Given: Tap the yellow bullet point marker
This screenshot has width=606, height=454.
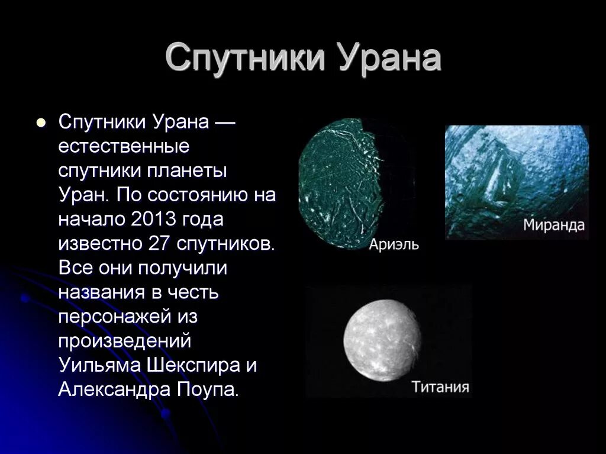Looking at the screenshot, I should [x=41, y=123].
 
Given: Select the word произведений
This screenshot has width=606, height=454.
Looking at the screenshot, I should [x=124, y=341].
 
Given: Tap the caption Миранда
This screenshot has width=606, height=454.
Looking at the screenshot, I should [x=553, y=225].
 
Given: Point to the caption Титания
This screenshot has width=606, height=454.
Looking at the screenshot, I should [x=440, y=387].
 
